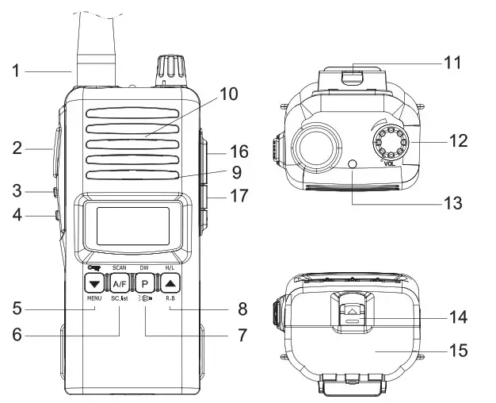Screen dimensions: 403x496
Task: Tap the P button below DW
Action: click(146, 283)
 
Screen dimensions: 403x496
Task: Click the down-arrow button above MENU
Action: click(94, 283)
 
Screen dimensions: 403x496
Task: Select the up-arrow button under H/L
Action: click(172, 283)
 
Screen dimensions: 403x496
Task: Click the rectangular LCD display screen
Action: click(132, 225)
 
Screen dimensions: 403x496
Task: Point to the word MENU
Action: click(94, 298)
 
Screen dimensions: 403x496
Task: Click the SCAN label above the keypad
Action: click(120, 268)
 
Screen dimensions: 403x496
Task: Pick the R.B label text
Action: click(171, 298)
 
